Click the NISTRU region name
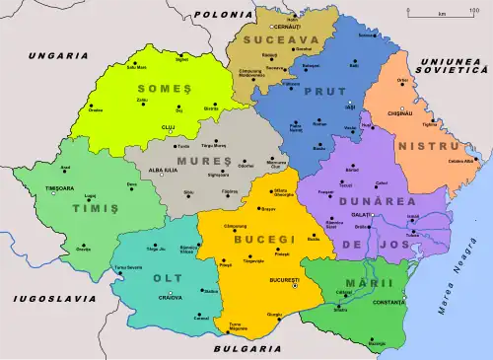[x=422, y=146]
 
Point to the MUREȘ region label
[x=195, y=158]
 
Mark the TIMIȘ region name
[x=89, y=209]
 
